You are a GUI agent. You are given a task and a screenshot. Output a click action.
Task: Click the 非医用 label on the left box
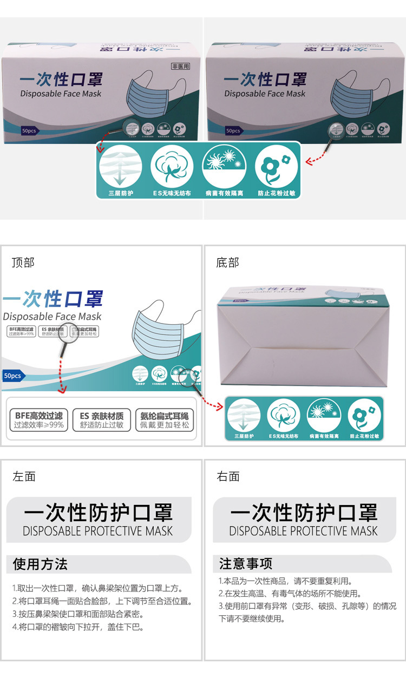coord(181,67)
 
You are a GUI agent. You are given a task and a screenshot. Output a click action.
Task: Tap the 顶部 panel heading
coord(23,262)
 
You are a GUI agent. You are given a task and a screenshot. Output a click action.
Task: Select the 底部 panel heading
coord(227,262)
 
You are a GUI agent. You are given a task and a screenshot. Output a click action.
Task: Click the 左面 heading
coord(24,476)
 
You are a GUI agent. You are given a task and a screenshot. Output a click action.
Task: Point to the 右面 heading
coord(228,476)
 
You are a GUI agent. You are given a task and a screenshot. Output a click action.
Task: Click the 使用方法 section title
coord(40,564)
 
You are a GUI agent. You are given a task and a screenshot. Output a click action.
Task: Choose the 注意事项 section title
coord(245,563)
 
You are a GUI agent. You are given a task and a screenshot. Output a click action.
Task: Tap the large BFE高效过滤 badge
coord(38,420)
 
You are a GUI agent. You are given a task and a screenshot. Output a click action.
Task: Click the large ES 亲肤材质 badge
coord(101,420)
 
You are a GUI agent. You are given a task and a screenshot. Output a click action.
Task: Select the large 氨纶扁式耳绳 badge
coord(164,420)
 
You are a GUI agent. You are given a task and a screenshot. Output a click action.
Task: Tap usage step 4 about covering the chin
coord(77,627)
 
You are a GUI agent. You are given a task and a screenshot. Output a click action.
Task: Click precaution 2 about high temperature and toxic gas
coord(290,593)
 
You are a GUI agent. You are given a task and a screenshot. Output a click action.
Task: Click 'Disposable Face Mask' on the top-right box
coord(265,94)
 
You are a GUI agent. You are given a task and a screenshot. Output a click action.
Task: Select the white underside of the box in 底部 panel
coord(303,346)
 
